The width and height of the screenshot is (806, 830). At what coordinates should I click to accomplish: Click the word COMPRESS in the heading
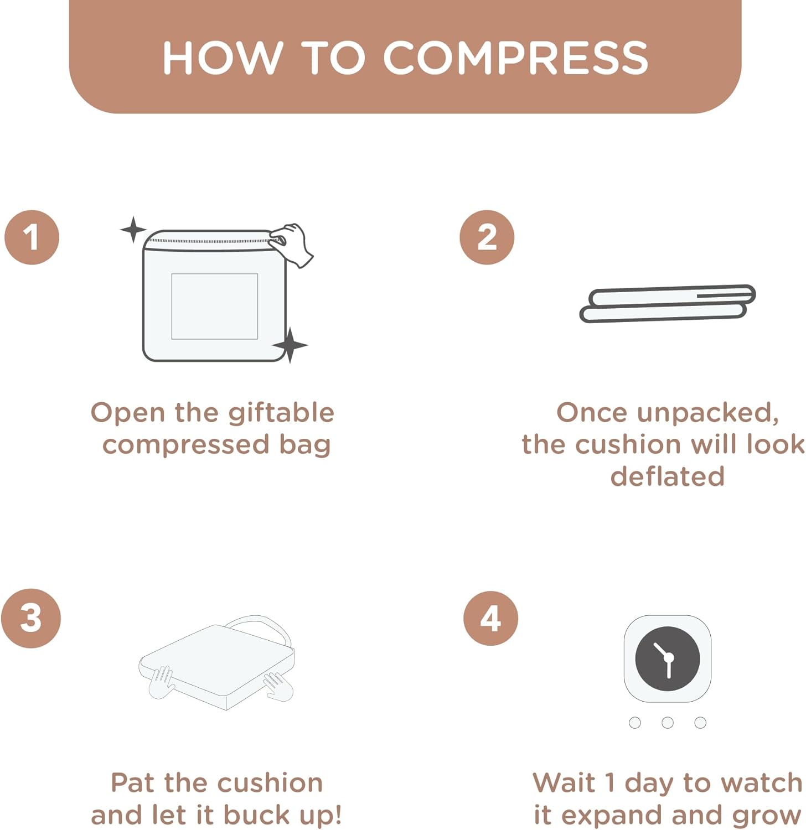[515, 58]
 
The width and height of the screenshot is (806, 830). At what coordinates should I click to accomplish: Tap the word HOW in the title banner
[223, 58]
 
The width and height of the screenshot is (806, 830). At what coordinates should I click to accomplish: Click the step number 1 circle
[32, 237]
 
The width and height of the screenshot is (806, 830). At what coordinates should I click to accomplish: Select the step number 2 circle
[487, 237]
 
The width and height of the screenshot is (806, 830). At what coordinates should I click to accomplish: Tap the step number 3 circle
[31, 618]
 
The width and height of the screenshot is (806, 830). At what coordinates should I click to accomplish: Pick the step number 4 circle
[491, 618]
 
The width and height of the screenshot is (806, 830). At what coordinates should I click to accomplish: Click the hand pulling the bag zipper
[292, 244]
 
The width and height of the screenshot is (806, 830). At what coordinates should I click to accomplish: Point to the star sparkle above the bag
[133, 230]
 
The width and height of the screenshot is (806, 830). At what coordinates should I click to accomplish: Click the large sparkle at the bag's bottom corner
[290, 345]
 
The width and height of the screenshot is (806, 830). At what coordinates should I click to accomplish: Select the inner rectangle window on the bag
[214, 306]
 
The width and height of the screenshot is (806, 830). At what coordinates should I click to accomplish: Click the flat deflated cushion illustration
[668, 303]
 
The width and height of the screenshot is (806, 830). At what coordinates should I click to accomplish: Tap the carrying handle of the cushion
[260, 628]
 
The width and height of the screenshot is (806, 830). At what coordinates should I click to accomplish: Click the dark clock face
[668, 659]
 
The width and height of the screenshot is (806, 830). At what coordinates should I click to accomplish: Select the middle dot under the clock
[668, 723]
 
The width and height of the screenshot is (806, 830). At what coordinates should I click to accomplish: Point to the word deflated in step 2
[668, 476]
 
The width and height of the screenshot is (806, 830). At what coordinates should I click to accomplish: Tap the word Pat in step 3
[133, 783]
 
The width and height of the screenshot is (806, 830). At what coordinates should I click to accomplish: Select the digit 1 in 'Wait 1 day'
[609, 783]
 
